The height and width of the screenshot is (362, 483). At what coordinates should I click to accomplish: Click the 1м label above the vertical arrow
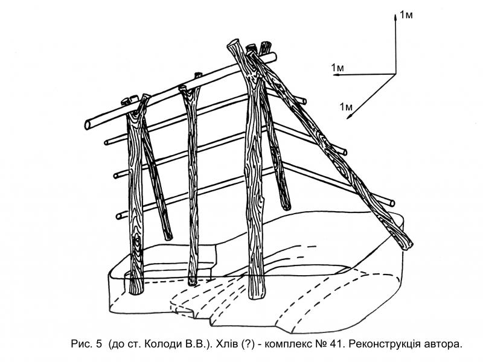pyautogui.click(x=406, y=14)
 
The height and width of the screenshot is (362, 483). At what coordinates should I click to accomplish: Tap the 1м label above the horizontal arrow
pyautogui.click(x=337, y=68)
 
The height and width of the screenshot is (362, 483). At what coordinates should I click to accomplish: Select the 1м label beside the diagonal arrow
pyautogui.click(x=346, y=107)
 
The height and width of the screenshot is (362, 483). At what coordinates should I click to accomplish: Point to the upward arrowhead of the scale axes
pyautogui.click(x=395, y=17)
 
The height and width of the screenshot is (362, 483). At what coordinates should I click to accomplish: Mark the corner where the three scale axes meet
pyautogui.click(x=395, y=74)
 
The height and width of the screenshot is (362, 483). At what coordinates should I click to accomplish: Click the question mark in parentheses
pyautogui.click(x=248, y=344)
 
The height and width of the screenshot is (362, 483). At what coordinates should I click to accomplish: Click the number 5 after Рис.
pyautogui.click(x=98, y=344)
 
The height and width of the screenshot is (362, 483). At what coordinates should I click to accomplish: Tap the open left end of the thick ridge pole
pyautogui.click(x=88, y=125)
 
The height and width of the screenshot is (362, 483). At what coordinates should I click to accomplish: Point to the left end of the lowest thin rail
pyautogui.click(x=119, y=216)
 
